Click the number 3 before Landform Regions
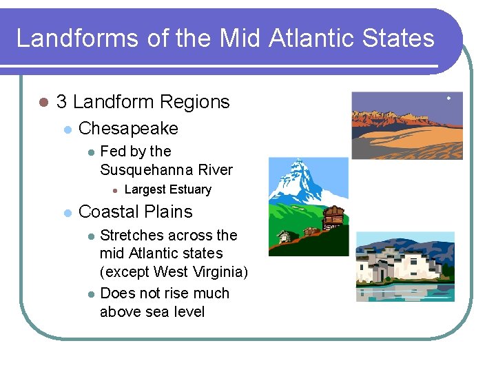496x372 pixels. coord(61,102)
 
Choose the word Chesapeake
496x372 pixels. coord(128,128)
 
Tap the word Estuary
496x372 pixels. coord(191,189)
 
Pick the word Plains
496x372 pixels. coord(169,211)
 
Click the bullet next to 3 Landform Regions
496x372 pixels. coord(43,103)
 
